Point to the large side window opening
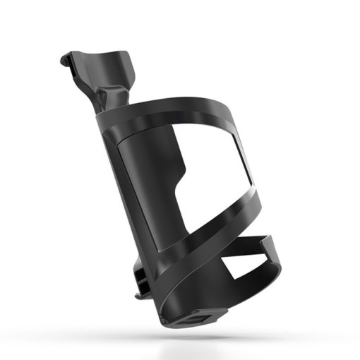tap(212, 176)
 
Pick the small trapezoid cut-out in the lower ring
tap(244, 266)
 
